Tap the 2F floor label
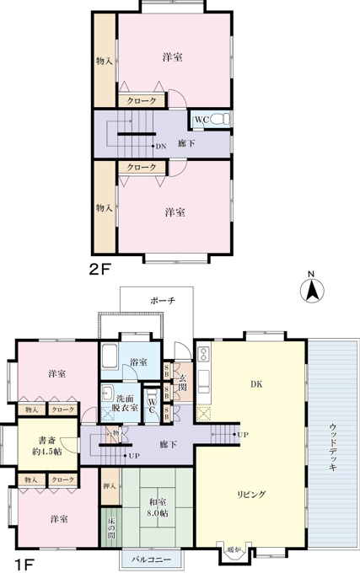pos(99,270)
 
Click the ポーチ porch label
pos(163,301)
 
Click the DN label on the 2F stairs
pos(161,147)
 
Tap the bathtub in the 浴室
pos(109,356)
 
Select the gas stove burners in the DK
pos(202,354)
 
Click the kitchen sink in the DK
pos(203,379)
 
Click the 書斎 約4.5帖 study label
pos(47,446)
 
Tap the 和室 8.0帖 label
pos(158,508)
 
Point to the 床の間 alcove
pos(111,527)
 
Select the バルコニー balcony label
pos(151,560)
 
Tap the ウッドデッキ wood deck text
pos(332,447)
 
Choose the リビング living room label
pos(251,495)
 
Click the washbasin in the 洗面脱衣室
pos(107,393)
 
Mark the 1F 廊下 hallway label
pos(168,444)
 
